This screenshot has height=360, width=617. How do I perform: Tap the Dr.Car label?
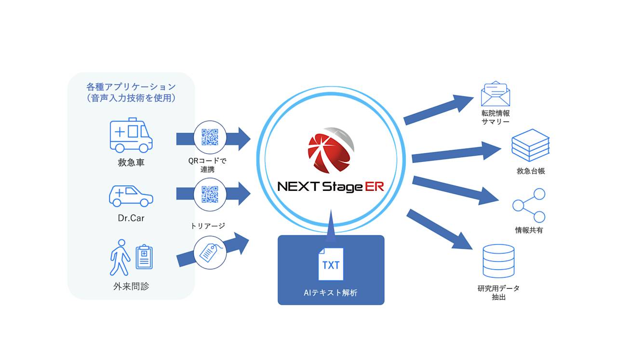pos(131,218)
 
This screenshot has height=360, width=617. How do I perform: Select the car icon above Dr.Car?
pos(131,195)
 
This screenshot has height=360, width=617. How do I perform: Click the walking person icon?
pos(120,257)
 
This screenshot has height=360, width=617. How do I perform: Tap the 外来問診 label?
pos(131,286)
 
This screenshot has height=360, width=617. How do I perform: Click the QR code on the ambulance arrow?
pos(210,137)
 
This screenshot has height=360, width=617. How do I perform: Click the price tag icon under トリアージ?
pos(209,252)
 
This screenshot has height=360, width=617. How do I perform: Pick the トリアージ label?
pos(208,226)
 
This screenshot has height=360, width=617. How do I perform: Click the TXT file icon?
pos(331,264)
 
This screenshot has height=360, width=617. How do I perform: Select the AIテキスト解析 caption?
pos(331,293)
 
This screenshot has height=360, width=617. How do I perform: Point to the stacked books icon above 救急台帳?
pos(530,145)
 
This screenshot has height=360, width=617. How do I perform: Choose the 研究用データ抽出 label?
pos(498,293)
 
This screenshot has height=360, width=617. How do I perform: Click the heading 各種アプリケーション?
pos(131,87)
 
